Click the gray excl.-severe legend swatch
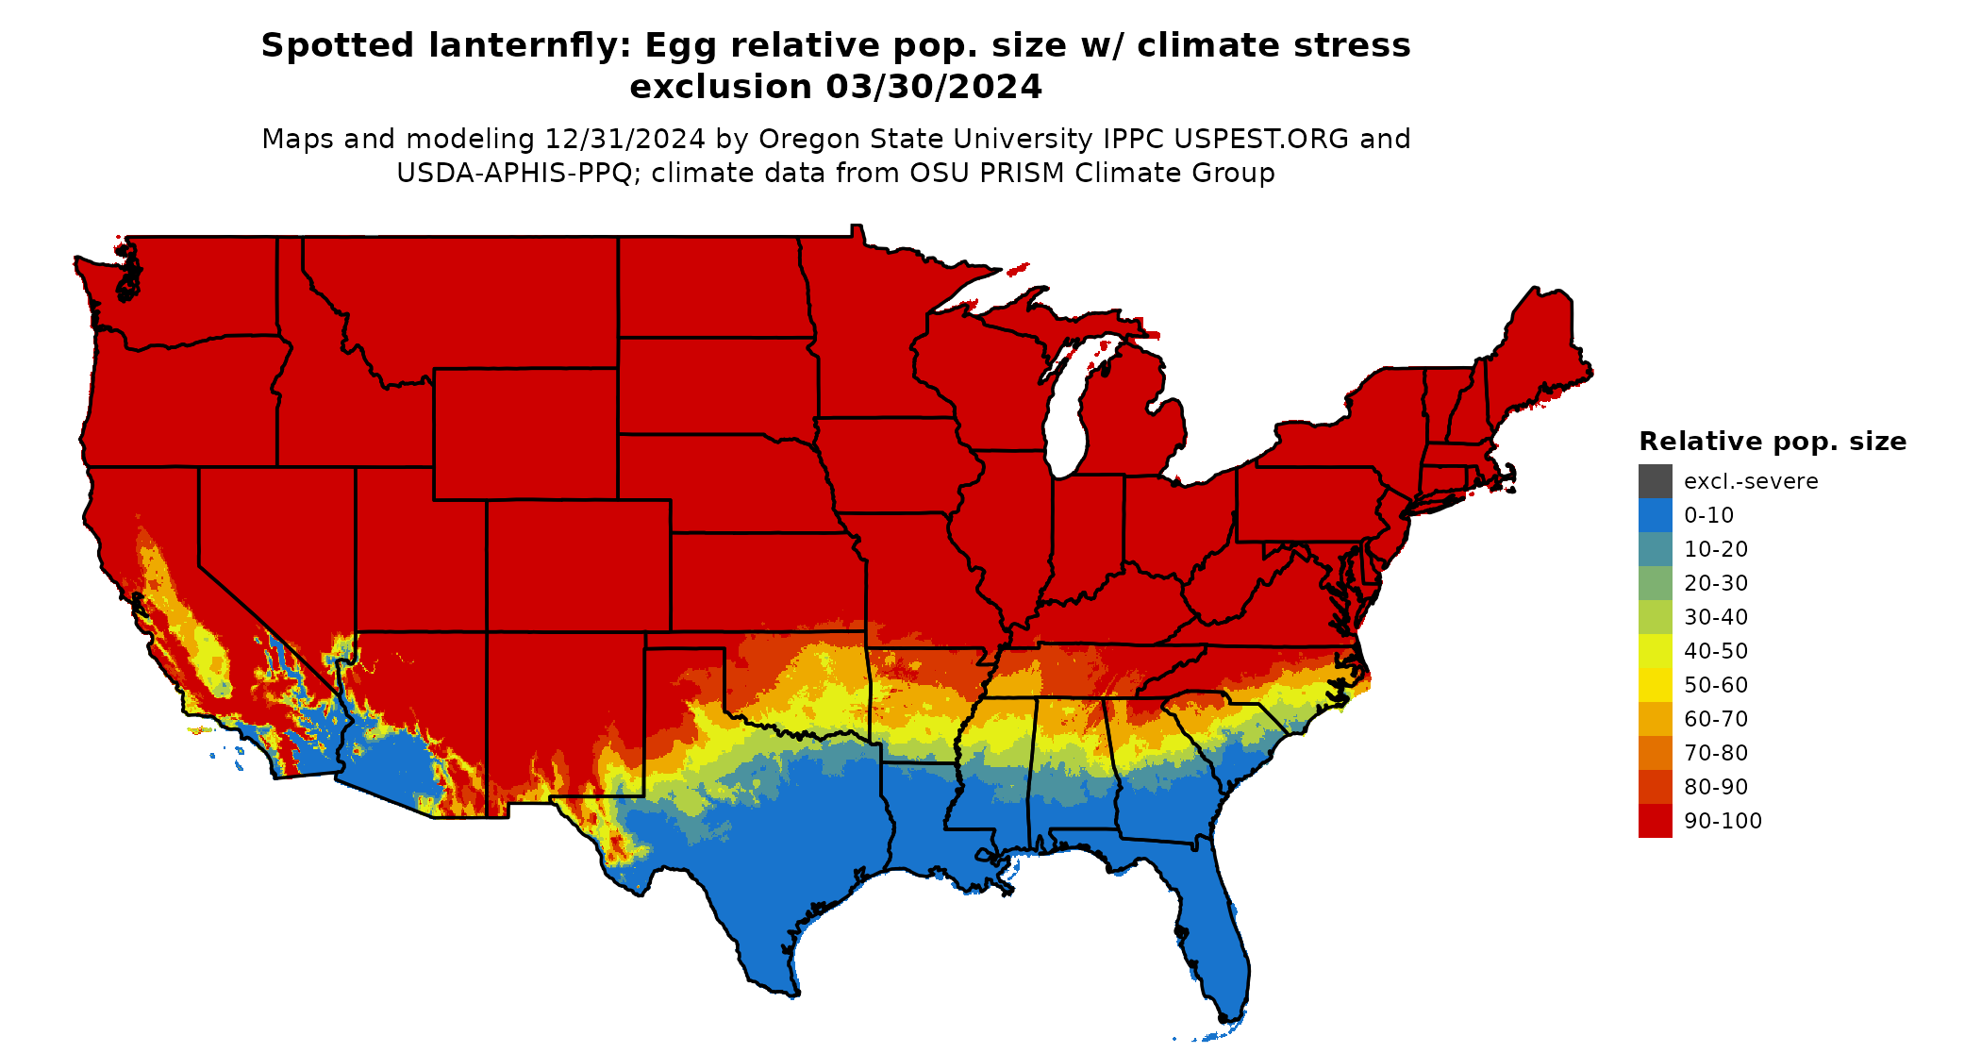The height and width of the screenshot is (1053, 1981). (x=1655, y=481)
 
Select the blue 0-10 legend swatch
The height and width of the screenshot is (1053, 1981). (x=1655, y=515)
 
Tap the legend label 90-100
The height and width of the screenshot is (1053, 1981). (x=1723, y=821)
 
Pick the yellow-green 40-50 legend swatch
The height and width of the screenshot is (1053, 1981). (x=1655, y=651)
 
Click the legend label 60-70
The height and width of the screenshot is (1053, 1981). (x=1716, y=719)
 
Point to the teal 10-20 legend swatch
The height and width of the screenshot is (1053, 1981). (x=1655, y=549)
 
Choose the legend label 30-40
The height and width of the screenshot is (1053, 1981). (x=1716, y=617)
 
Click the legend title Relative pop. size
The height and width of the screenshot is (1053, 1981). (x=1773, y=442)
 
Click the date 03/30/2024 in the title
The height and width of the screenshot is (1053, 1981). (x=934, y=87)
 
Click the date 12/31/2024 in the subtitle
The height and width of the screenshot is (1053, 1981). (x=624, y=139)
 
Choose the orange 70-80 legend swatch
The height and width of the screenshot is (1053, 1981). (x=1655, y=753)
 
